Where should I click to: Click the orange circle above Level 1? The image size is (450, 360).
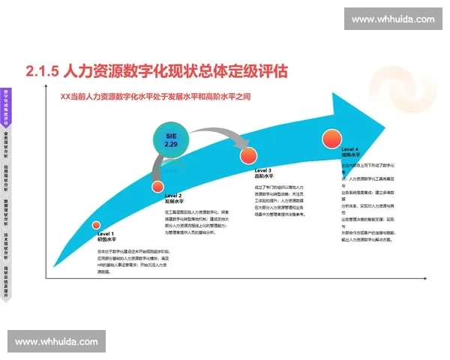click(x=96, y=224)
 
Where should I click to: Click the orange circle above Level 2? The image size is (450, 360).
click(x=157, y=187)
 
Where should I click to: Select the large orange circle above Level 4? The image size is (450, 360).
click(x=332, y=139)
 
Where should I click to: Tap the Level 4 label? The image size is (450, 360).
click(x=352, y=149)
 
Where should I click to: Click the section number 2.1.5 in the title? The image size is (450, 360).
click(x=42, y=71)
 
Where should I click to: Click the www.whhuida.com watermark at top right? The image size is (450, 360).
click(x=392, y=19)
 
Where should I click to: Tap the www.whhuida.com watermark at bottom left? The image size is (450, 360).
click(x=56, y=341)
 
